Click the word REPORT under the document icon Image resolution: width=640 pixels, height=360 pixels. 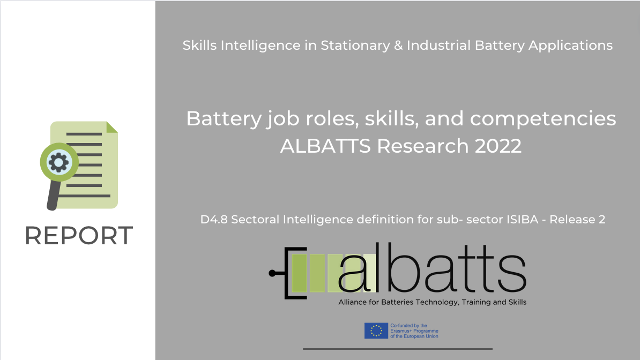point(79,236)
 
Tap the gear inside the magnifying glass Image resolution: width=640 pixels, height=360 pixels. point(59,162)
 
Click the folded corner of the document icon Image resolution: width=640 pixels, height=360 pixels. point(112,127)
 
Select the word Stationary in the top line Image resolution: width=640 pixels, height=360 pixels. point(355,46)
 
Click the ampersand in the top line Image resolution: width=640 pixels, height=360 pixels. point(398,46)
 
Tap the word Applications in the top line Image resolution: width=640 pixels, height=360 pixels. point(571,46)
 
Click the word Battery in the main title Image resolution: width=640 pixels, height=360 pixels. point(224,119)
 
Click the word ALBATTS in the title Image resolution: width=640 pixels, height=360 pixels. point(325,146)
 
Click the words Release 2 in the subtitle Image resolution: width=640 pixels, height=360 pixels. point(577,220)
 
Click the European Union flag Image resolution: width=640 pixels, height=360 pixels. point(376,331)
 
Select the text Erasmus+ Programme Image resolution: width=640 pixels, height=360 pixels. point(414,331)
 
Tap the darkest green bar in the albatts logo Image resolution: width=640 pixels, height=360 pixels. point(299,273)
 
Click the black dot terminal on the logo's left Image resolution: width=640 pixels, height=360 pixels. point(272,273)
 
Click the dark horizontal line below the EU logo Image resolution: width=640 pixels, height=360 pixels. point(398,349)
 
